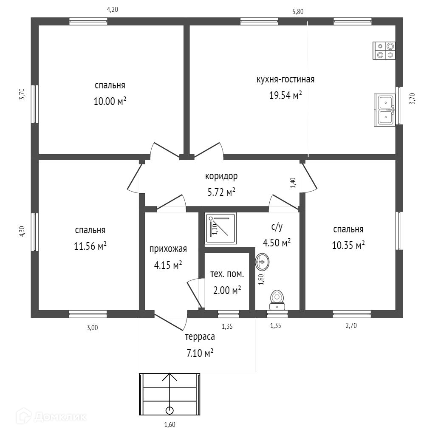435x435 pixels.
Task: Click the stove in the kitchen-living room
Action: [384, 51]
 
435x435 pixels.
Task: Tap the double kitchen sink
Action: [384, 110]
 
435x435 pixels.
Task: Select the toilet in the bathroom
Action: [277, 300]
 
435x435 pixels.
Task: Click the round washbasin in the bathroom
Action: [262, 262]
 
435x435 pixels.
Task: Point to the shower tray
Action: [220, 228]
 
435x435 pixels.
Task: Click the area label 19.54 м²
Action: [285, 96]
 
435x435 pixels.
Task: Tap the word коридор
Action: [221, 176]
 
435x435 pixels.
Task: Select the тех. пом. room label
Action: [227, 274]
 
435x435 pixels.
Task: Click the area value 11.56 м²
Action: [90, 246]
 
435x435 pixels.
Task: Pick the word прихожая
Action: [168, 249]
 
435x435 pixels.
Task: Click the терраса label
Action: [200, 337]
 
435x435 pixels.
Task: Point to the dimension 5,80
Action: [298, 11]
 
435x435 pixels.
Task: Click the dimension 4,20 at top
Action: [112, 10]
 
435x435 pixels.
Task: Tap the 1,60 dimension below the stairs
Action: [170, 424]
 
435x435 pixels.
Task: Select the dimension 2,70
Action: [351, 326]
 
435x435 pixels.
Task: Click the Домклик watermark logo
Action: [51, 417]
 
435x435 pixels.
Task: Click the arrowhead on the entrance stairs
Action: [169, 377]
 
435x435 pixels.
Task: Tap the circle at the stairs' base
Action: [169, 411]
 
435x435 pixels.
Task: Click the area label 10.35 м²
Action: [348, 245]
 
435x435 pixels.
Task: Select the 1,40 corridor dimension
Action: [293, 183]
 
